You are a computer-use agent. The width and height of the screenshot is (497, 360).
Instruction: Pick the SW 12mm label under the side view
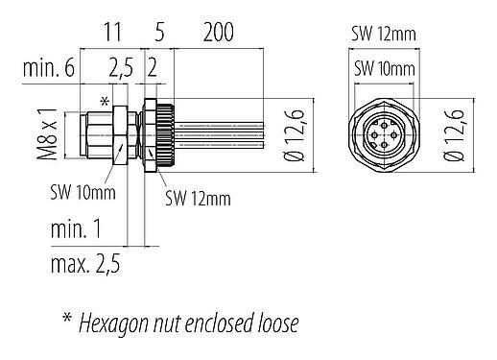[199, 199]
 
